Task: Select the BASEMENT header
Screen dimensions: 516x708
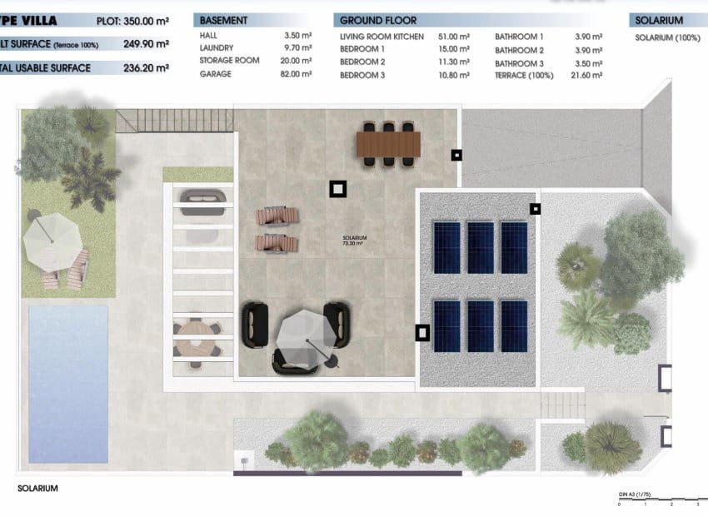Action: point(224,20)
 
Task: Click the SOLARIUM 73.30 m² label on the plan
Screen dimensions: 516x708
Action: point(354,240)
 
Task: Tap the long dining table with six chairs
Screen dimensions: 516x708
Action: point(389,142)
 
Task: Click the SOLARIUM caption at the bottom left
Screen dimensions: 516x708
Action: point(37,489)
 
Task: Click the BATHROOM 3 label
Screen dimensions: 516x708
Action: point(519,62)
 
